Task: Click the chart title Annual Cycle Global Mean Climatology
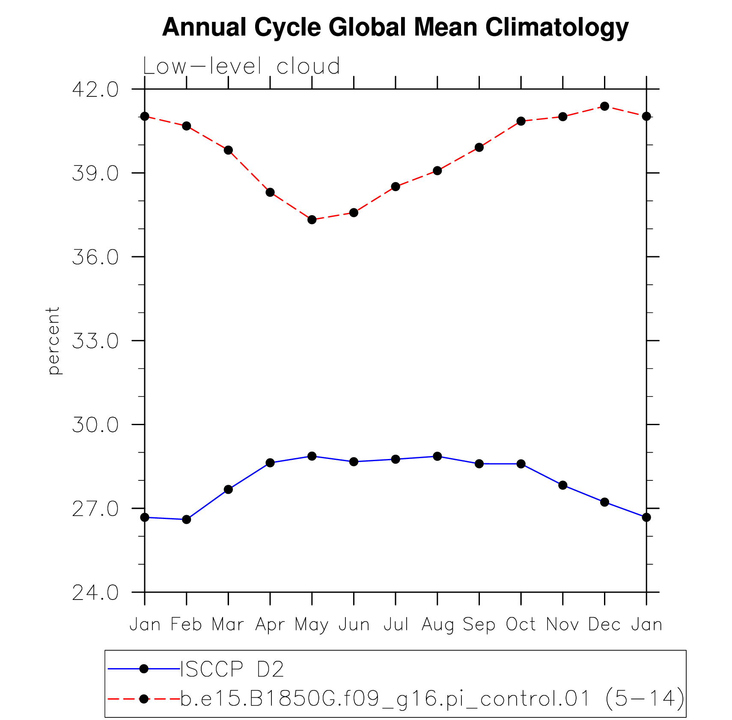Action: [x=395, y=27]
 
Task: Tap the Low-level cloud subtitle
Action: [x=241, y=67]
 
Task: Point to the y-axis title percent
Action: [x=54, y=341]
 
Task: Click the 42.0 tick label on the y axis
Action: [x=95, y=90]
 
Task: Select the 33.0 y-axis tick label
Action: [x=95, y=341]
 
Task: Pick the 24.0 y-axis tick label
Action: [x=95, y=593]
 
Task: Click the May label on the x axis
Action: [x=312, y=625]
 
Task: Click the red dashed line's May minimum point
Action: [x=312, y=220]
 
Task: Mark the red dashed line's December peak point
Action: [x=604, y=106]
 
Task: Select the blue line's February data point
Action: [x=187, y=519]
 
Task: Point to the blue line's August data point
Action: [x=437, y=456]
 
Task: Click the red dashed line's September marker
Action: [x=479, y=147]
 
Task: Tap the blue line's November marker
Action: [x=563, y=485]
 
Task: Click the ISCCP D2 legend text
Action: [x=232, y=669]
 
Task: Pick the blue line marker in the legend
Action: [x=144, y=669]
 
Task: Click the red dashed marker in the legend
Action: [x=144, y=699]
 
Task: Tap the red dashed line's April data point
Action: [x=270, y=192]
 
